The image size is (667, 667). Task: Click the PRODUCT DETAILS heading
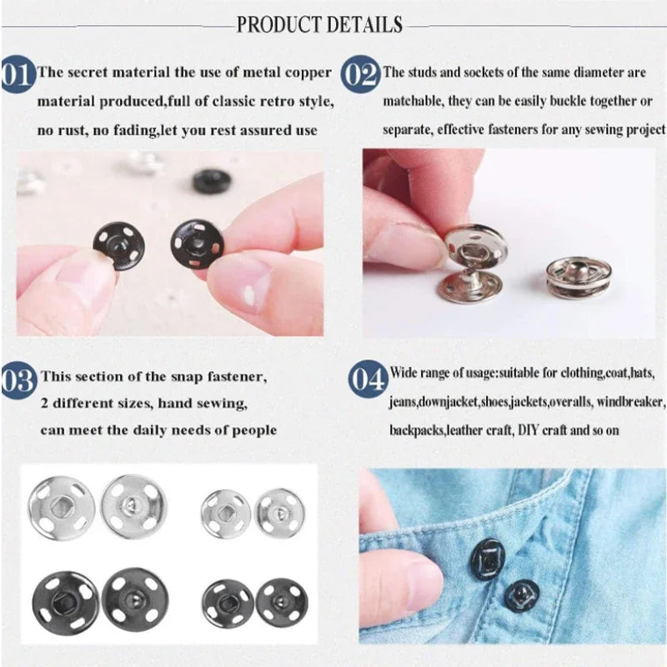pos(319,24)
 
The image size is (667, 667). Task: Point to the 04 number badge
pos(368,380)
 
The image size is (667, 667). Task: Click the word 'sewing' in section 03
pos(222,404)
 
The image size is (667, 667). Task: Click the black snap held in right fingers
pos(198,243)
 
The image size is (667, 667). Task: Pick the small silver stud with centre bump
pos(279,511)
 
